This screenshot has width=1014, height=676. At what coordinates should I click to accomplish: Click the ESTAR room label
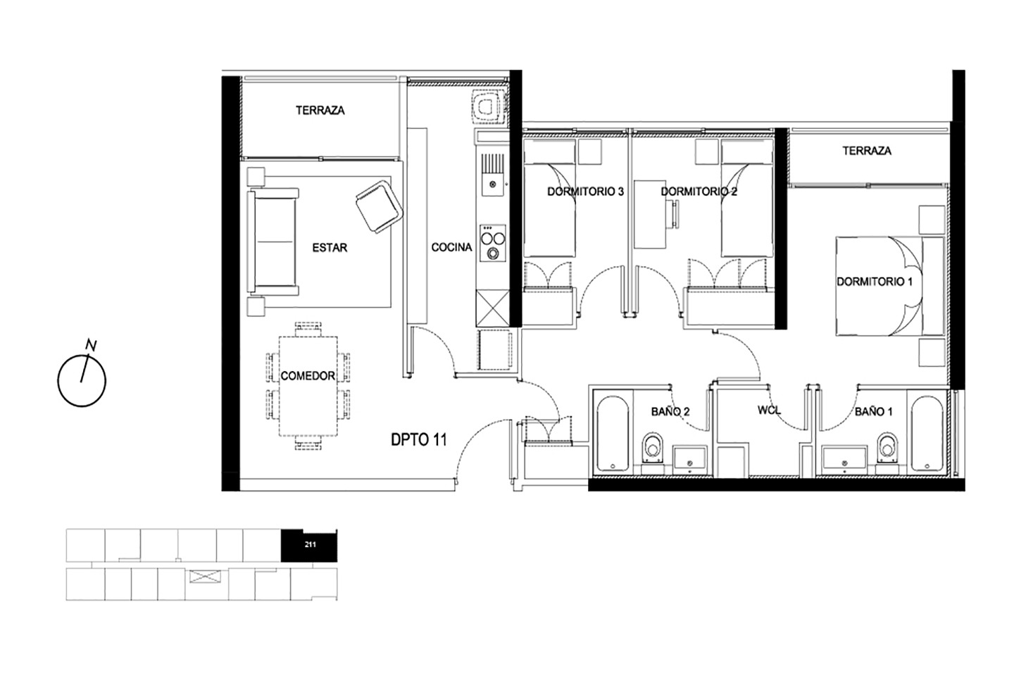point(330,248)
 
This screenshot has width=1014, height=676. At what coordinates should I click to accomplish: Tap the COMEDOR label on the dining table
point(308,376)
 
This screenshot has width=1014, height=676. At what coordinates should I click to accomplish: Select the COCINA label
point(451,247)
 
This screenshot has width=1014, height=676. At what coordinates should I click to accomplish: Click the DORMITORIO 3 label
point(585,192)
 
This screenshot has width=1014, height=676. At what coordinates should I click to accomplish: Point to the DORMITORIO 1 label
point(874,282)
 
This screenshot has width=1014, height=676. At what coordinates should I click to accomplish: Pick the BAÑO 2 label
point(670,411)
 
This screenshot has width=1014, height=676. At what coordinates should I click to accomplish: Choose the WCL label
point(769,411)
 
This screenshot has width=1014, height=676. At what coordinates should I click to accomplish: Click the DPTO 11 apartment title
point(419,439)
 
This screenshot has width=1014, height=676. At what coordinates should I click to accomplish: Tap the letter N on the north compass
point(92,346)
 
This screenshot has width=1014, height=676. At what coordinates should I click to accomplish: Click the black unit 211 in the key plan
point(309,545)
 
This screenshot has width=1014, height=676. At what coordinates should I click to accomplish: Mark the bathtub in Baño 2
point(613,434)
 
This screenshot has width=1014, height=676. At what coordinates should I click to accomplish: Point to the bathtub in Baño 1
point(927,434)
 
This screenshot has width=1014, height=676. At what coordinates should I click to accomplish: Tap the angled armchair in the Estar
point(380,207)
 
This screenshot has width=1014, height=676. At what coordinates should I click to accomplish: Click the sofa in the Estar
point(273,242)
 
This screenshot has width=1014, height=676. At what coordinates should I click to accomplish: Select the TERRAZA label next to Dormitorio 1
point(866,151)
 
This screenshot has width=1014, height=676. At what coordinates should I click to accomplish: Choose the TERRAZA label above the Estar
point(320,111)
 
